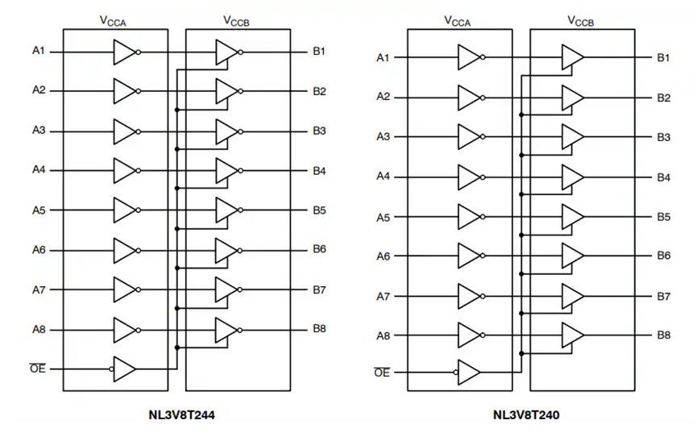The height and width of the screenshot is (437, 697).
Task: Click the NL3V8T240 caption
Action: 526,416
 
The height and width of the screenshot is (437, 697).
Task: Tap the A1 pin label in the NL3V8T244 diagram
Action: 39,52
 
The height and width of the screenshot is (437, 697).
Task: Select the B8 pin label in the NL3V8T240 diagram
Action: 663,335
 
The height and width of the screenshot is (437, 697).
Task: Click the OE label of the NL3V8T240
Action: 383,372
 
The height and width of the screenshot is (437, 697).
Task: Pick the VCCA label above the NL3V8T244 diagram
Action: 116,20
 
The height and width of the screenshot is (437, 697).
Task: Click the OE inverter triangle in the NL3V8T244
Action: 125,369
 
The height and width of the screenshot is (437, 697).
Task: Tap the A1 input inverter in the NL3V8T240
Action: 469,57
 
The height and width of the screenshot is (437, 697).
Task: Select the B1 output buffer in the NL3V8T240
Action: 572,57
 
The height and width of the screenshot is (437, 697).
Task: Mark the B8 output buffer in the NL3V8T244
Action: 226,329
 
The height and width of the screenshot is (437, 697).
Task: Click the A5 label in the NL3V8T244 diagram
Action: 39,210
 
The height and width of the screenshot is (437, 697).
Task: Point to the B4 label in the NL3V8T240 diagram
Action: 663,177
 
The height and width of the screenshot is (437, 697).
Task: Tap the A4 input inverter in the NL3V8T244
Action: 125,170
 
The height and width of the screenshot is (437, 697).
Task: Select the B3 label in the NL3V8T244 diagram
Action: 319,131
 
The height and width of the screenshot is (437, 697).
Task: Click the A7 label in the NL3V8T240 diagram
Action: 383,296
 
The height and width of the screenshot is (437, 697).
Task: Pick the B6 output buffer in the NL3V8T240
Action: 572,256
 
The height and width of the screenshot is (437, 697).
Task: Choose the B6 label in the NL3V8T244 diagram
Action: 319,249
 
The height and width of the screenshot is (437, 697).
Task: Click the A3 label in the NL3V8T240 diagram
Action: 383,136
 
